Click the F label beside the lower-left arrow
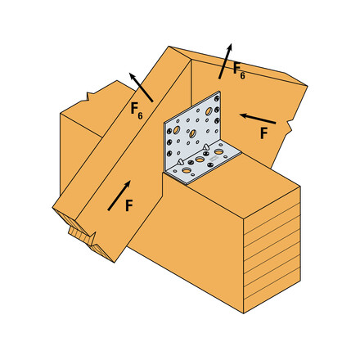coord(128,207)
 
